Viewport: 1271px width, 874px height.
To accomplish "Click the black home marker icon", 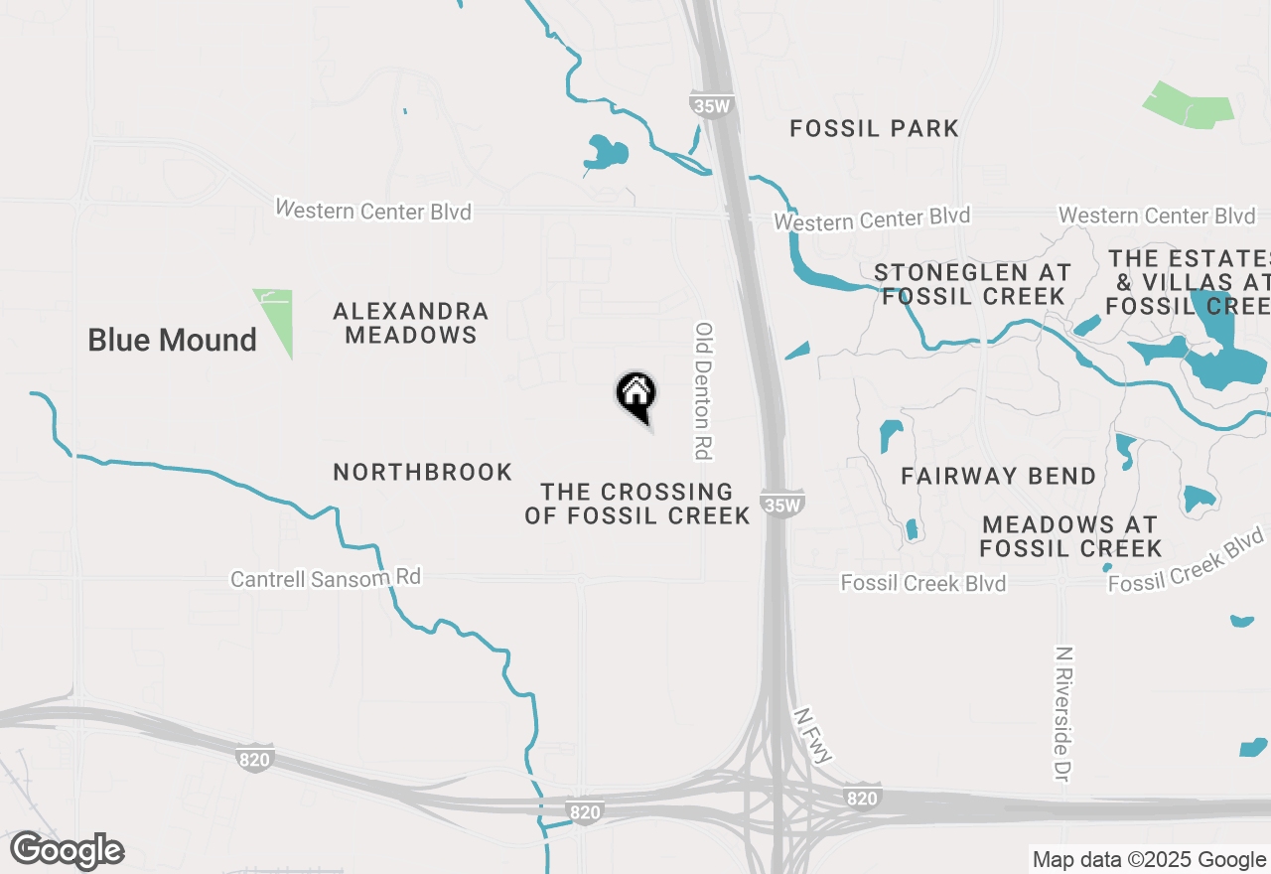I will [x=635, y=393].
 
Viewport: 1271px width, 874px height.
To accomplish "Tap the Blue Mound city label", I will [x=172, y=340].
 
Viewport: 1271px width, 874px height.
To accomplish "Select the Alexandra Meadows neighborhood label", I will [x=411, y=324].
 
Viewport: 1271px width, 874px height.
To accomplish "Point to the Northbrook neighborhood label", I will [x=423, y=472].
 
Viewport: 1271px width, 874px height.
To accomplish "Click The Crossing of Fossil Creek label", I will [x=637, y=504].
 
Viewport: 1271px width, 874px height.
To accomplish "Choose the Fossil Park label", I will [x=874, y=128].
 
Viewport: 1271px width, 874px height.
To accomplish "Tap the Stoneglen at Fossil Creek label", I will [x=973, y=284].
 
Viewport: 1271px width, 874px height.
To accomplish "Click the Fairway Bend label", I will [x=999, y=477].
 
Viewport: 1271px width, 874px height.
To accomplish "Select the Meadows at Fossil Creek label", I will [x=1070, y=536].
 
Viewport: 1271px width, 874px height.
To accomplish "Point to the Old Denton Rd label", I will [x=704, y=390].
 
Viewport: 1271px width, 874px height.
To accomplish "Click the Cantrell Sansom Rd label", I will [x=326, y=578].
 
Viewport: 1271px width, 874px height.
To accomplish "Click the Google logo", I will [x=68, y=851].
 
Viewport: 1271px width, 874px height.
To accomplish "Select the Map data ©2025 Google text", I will [x=1149, y=860].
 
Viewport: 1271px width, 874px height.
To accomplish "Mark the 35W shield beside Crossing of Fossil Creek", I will [x=782, y=504].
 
